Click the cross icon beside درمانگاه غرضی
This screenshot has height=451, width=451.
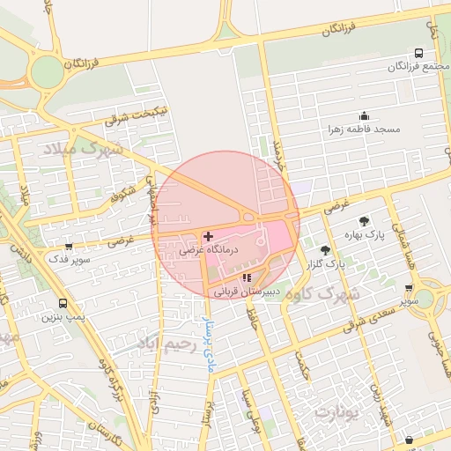click(208, 236)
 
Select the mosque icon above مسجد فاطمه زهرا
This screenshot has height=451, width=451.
click(364, 116)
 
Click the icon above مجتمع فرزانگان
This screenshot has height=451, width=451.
click(418, 53)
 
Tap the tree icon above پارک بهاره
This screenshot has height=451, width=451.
click(364, 221)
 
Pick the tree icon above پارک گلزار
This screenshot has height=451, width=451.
click(325, 250)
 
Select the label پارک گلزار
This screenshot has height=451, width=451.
click(325, 264)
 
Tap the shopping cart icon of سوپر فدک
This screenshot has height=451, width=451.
click(69, 246)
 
